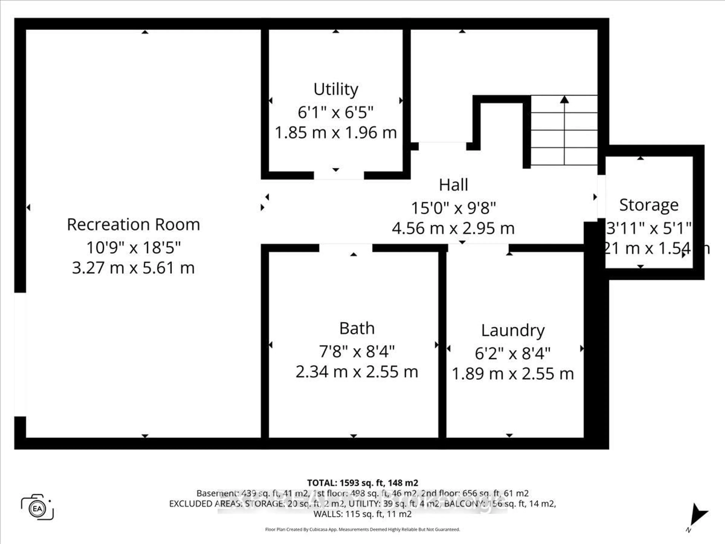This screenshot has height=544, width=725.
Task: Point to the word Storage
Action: (649, 205)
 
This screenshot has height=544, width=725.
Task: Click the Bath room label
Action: (357, 328)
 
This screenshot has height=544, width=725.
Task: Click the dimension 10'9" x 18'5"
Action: (133, 248)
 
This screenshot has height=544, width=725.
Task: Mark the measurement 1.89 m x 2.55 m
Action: (513, 374)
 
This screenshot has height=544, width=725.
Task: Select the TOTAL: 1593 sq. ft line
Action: (362, 483)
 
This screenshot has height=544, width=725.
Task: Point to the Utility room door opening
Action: (339, 175)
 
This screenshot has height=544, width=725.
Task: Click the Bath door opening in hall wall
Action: (346, 248)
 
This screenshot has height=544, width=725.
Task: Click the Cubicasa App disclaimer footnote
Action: (362, 529)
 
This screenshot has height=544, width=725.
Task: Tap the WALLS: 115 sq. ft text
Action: (362, 514)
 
